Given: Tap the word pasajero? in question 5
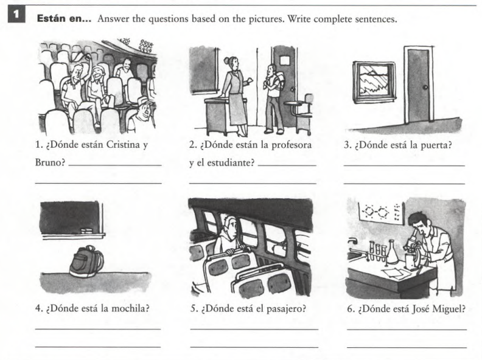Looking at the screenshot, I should click(284, 307).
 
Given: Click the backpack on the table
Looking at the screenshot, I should click(86, 262).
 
